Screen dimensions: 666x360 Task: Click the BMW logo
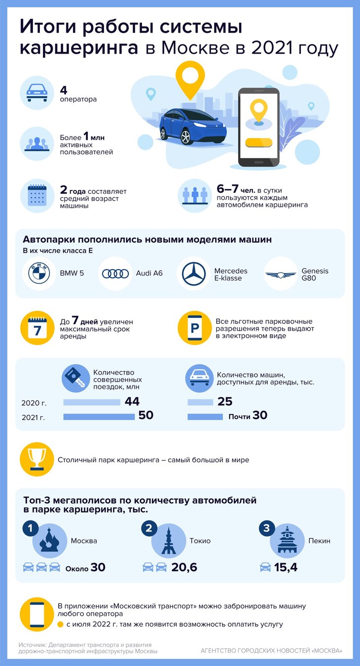click(x=39, y=274)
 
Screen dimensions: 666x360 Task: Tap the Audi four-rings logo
click(x=115, y=274)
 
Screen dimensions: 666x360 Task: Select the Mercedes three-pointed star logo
click(x=193, y=274)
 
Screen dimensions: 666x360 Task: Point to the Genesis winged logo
click(x=280, y=274)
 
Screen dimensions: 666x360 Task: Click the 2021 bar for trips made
click(x=99, y=417)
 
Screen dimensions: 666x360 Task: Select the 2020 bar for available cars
click(x=200, y=402)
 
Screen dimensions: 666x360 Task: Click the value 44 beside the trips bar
click(x=132, y=402)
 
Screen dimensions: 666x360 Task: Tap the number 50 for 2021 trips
click(x=146, y=416)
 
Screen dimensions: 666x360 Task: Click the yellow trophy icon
click(x=36, y=459)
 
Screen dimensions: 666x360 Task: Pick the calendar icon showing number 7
click(x=36, y=328)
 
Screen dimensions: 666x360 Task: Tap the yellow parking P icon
click(x=194, y=328)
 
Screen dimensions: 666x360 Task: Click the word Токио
click(x=200, y=541)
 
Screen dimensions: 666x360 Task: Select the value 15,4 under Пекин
click(x=286, y=568)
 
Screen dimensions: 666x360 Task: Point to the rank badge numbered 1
click(x=31, y=528)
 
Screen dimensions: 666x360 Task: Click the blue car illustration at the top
click(x=193, y=126)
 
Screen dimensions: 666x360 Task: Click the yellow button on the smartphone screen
click(x=258, y=142)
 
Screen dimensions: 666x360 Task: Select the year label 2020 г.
click(x=34, y=403)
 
